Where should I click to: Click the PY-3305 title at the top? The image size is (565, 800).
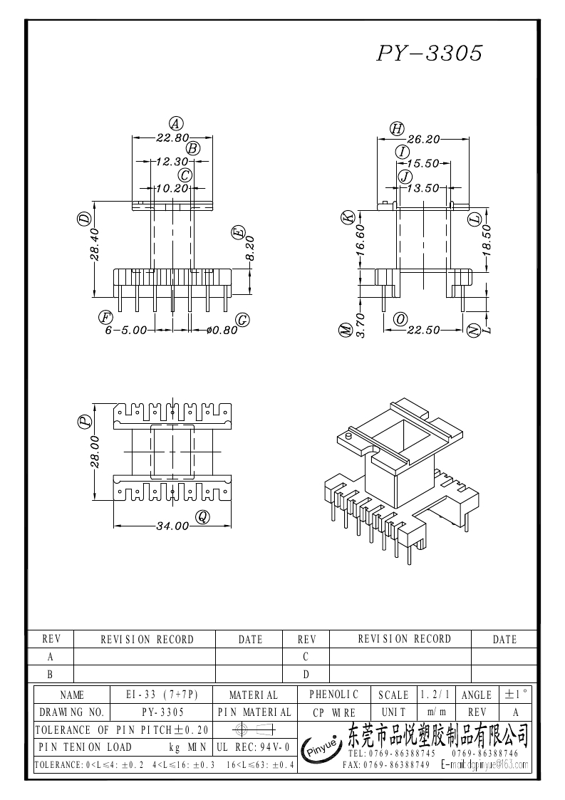(x=430, y=54)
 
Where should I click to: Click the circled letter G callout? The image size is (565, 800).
(x=243, y=320)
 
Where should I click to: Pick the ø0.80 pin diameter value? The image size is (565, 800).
(x=221, y=331)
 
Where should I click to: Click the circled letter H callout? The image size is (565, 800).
(x=397, y=128)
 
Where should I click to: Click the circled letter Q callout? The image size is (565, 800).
(x=203, y=518)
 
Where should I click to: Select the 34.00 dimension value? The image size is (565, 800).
(x=172, y=526)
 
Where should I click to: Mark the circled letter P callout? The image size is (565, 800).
(x=85, y=422)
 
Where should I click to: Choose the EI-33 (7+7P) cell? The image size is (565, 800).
(x=161, y=695)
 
